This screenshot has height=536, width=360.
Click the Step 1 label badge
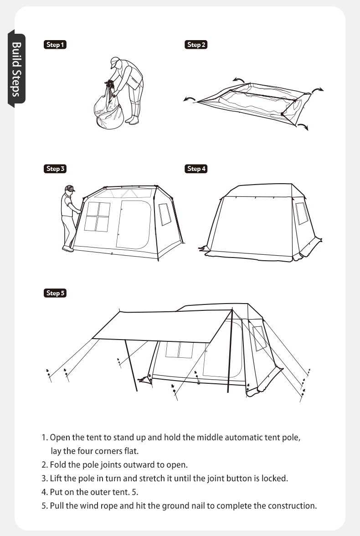[x=55, y=45]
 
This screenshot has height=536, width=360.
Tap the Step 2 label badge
[x=196, y=45]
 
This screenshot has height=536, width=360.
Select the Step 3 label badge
[x=55, y=169]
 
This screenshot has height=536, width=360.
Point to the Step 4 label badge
[x=196, y=169]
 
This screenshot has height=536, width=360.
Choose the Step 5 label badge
[x=55, y=293]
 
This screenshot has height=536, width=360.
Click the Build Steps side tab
[x=16, y=69]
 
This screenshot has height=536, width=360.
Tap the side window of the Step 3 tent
[x=164, y=214]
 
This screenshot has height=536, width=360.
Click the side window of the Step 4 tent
[x=301, y=213]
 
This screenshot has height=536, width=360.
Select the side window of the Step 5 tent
[x=259, y=338]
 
